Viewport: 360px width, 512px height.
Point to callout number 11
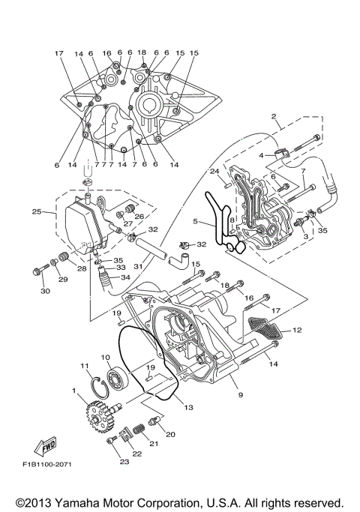85,365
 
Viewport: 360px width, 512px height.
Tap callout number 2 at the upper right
275,118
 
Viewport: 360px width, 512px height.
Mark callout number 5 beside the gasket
195,222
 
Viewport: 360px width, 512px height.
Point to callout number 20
170,434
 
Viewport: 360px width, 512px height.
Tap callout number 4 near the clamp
261,155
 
